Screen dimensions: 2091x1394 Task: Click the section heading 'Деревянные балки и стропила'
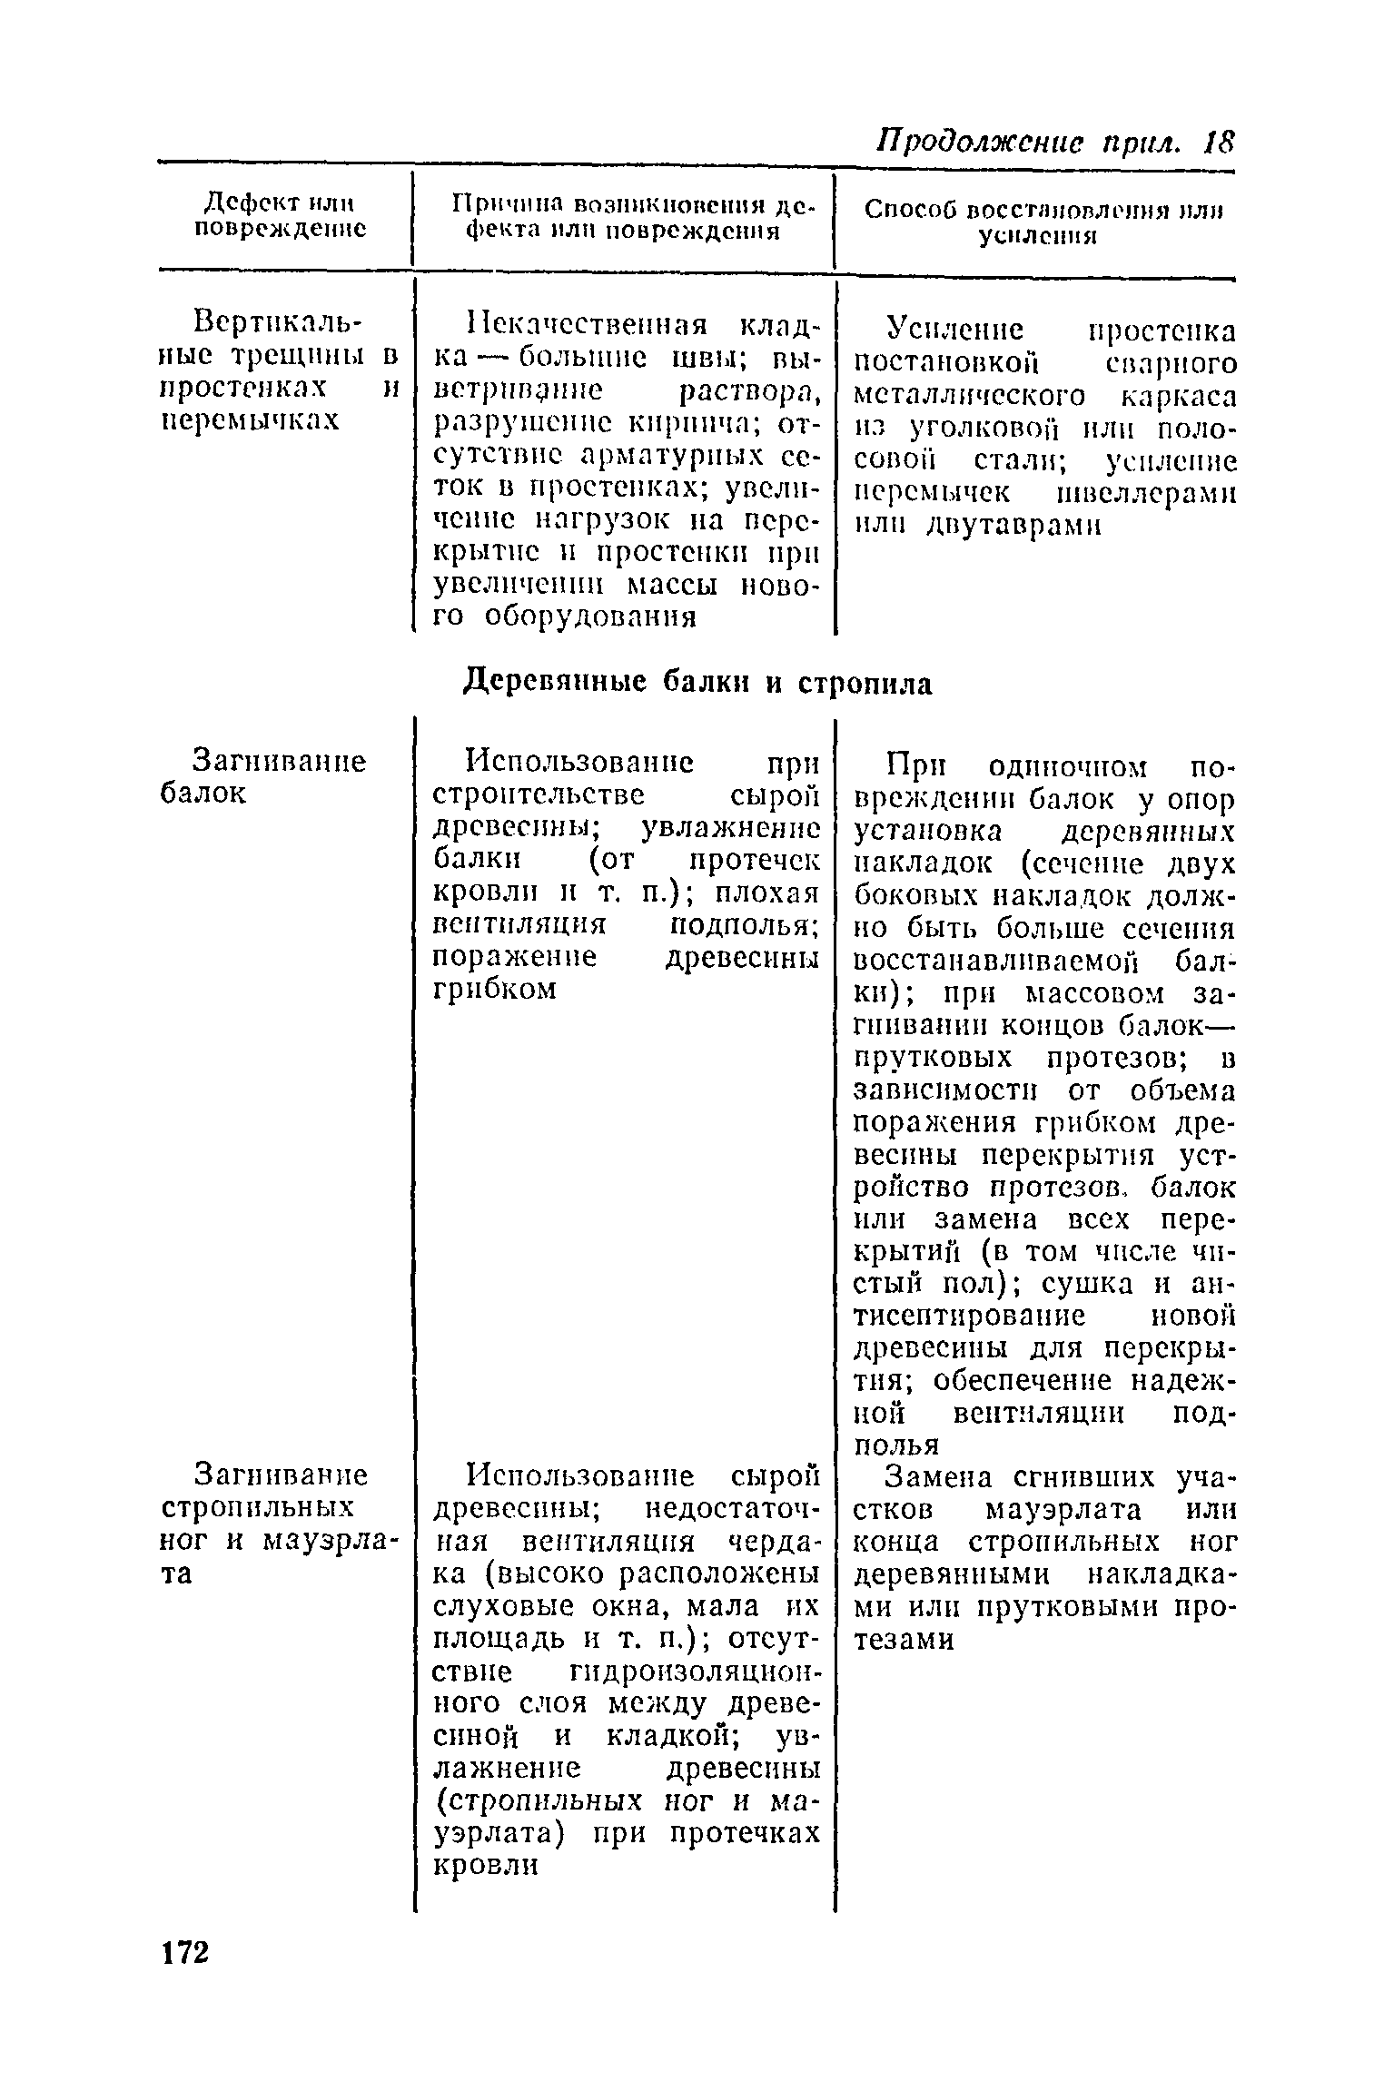coord(697,683)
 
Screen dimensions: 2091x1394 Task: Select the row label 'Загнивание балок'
coord(262,776)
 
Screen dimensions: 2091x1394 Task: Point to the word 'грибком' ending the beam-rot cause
coord(495,989)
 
